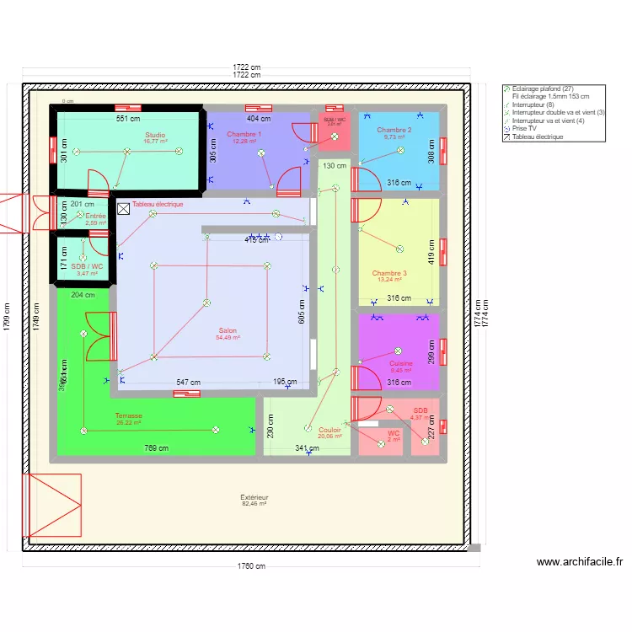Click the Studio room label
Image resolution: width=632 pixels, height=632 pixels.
tap(155, 135)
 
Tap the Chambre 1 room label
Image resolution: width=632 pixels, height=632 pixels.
tap(244, 135)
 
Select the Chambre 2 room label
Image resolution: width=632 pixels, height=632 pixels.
tap(394, 130)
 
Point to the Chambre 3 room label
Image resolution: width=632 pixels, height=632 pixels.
tap(389, 273)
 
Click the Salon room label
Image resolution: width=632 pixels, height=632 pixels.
tap(228, 331)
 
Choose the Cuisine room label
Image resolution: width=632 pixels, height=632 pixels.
tap(400, 364)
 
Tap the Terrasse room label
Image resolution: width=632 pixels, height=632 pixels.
tap(129, 415)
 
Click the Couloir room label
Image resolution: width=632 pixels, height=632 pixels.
tap(330, 430)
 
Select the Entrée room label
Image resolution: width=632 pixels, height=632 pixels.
tap(96, 217)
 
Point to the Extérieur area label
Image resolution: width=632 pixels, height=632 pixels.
tap(254, 497)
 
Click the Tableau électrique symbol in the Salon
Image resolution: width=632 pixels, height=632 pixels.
tap(124, 206)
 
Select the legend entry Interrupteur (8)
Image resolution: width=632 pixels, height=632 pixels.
tap(533, 104)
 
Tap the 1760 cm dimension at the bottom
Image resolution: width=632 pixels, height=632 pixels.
tap(250, 566)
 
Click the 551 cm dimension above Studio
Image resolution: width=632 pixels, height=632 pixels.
tap(127, 119)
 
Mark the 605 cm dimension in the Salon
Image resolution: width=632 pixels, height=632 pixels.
tap(301, 311)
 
